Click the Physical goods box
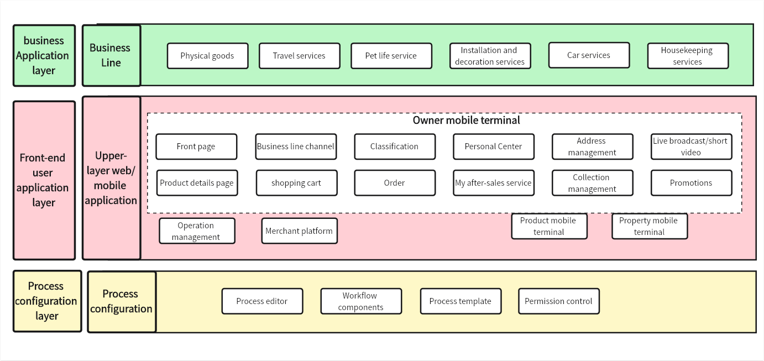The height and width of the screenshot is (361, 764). tap(207, 56)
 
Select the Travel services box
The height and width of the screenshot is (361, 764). tap(299, 56)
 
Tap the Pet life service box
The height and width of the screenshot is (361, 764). tap(391, 56)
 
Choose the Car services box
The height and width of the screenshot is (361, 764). tap(589, 55)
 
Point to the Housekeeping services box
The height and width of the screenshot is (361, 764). tap(687, 56)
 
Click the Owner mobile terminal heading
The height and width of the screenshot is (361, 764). tap(466, 120)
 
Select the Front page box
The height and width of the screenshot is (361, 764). tap(196, 147)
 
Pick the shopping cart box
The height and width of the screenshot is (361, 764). tap(296, 183)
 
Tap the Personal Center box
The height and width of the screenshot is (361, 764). tap(494, 147)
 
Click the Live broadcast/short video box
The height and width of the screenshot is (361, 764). tap(691, 147)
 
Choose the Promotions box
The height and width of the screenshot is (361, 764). tap(691, 183)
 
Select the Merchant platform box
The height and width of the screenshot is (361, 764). tap(299, 231)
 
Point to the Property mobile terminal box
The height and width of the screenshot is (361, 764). tap(649, 226)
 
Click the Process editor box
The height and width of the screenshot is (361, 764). tap(262, 301)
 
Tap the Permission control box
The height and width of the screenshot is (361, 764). tap(558, 301)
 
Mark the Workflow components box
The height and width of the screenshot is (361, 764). tap(361, 301)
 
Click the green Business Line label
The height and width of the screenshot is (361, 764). tap(111, 55)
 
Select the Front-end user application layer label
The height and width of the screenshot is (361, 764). tap(44, 180)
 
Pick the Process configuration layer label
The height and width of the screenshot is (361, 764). tap(46, 301)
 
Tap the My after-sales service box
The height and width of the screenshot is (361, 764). tap(494, 183)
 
